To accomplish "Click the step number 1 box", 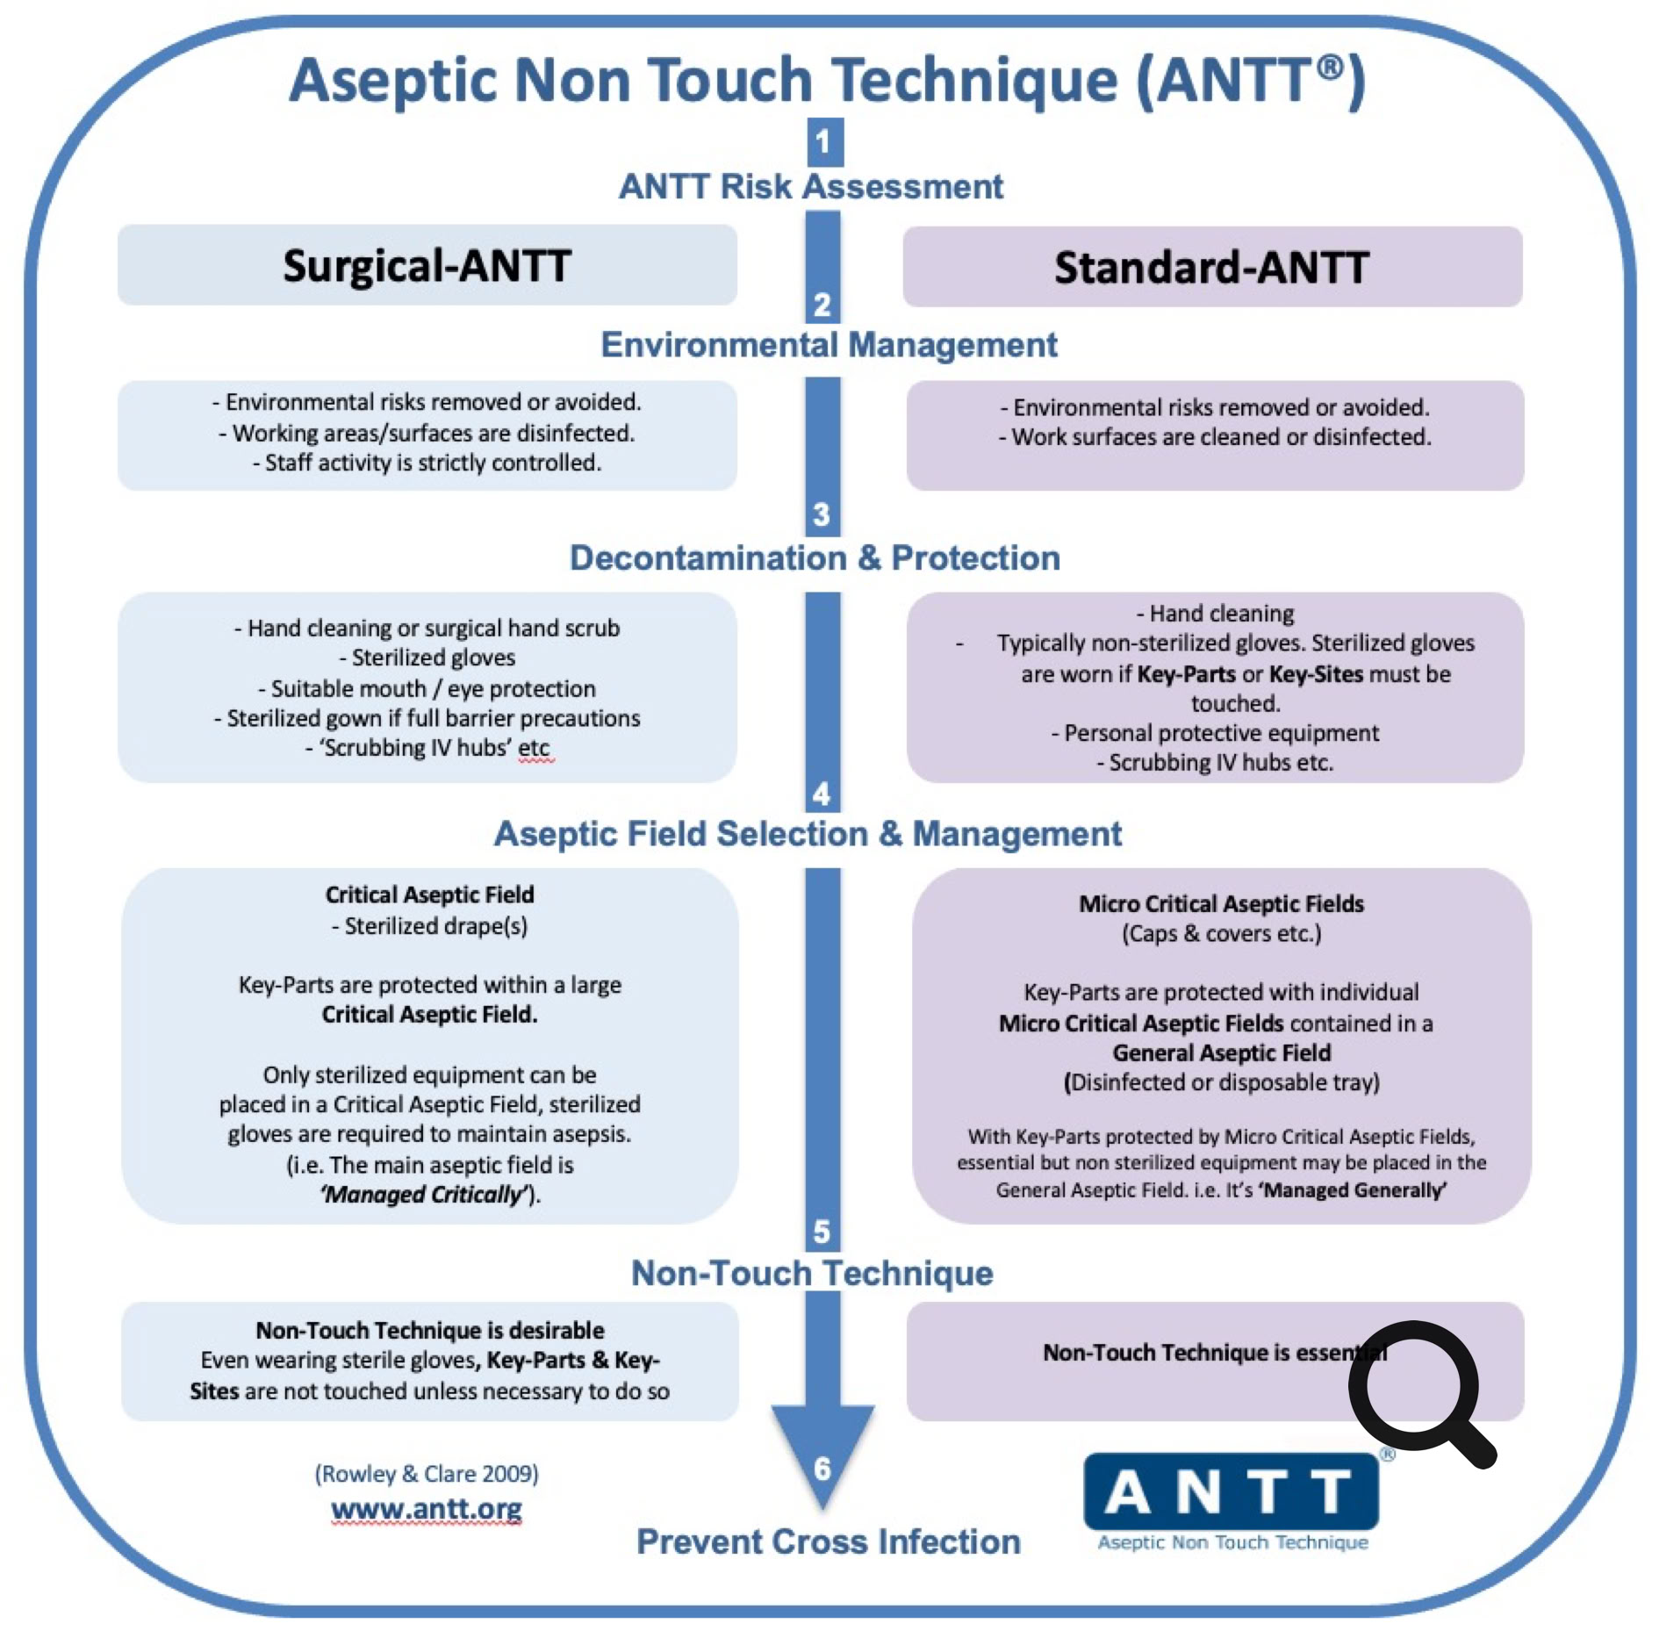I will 824,141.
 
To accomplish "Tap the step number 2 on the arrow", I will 822,304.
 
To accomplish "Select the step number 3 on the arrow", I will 822,514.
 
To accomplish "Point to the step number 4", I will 822,794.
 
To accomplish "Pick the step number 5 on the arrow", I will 822,1231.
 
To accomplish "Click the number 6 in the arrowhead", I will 822,1468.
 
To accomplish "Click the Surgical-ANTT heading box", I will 427,265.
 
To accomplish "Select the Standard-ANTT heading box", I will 1211,267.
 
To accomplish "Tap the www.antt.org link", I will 427,1509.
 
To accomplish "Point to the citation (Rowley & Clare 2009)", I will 427,1473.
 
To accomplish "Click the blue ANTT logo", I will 1231,1492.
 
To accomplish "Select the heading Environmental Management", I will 829,345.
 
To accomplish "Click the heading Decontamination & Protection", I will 815,558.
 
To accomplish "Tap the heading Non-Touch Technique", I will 812,1273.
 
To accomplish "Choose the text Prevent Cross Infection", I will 829,1541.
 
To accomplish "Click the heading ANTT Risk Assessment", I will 811,187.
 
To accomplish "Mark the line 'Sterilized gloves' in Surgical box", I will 428,657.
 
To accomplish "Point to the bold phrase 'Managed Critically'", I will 425,1194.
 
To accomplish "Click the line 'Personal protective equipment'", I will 1216,733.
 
